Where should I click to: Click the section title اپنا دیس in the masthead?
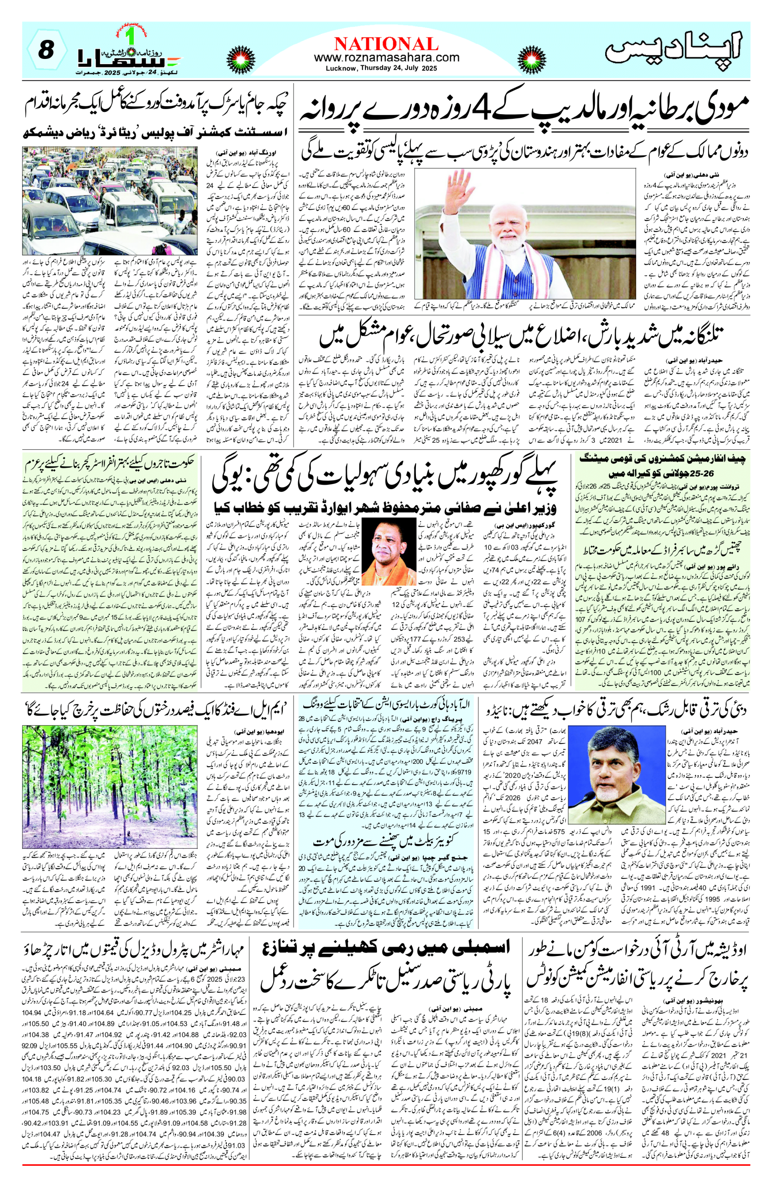tap(673, 48)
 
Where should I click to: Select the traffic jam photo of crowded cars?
tap(113, 200)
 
